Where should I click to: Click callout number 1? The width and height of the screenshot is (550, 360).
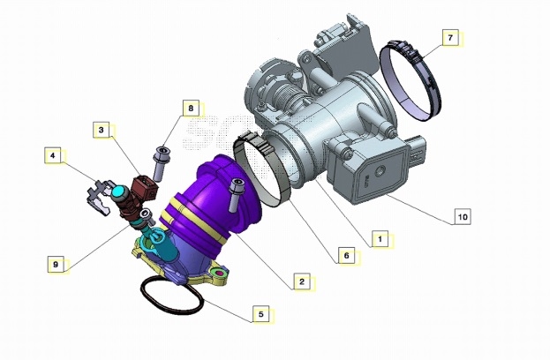pos(380,239)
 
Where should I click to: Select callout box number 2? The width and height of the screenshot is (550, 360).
pos(302,281)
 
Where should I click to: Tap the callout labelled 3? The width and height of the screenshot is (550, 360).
pos(102,130)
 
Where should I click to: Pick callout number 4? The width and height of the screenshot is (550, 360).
pos(53,155)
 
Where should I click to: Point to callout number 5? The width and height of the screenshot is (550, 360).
pos(261,314)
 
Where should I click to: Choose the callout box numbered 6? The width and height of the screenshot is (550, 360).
pos(347,256)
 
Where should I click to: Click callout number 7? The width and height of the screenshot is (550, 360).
pos(451,38)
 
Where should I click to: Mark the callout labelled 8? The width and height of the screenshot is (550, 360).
pos(191,109)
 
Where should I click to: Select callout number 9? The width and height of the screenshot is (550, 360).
pos(56,265)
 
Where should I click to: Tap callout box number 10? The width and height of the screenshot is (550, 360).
pos(463,217)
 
